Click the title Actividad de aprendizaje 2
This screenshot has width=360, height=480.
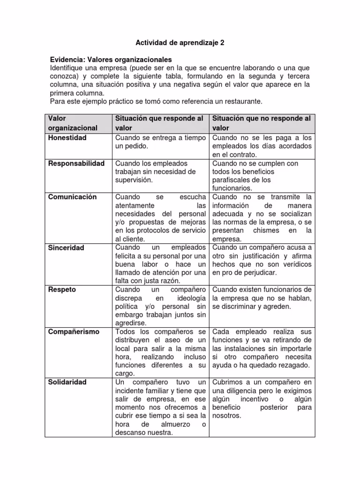[180, 43]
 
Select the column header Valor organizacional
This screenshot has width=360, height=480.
[73, 123]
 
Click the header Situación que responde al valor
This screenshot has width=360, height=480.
[159, 123]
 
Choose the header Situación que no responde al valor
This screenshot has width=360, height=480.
[262, 123]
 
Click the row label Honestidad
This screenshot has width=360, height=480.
[67, 138]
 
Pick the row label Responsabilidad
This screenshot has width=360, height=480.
[76, 163]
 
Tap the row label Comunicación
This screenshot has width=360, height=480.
[72, 197]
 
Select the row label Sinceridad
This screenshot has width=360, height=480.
[66, 247]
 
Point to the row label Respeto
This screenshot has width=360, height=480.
[62, 290]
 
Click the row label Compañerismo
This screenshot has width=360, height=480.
[74, 331]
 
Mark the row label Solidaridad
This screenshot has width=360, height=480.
[67, 382]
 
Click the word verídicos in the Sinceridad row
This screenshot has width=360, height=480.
[296, 264]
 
